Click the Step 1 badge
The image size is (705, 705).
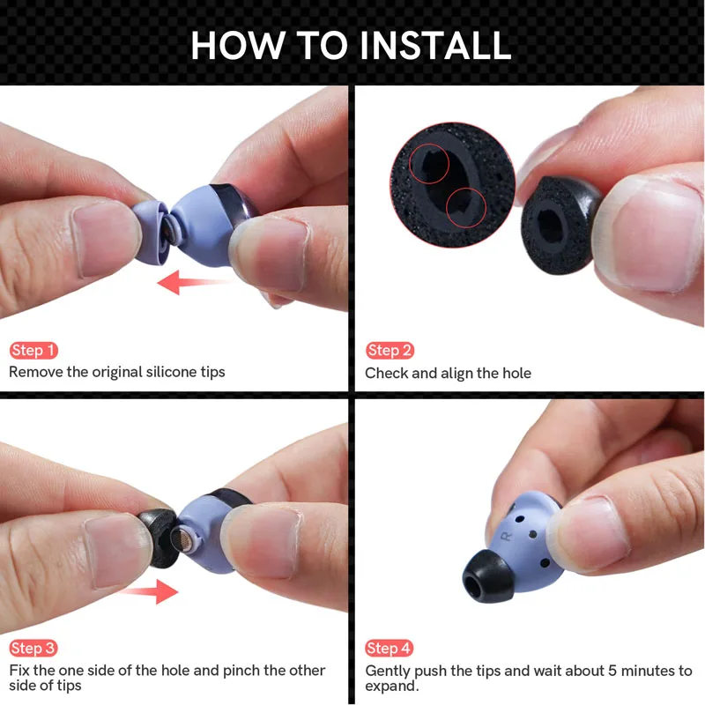tap(33, 351)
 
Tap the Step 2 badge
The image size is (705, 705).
tap(390, 351)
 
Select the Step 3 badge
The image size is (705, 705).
tap(33, 649)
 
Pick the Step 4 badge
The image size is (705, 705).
tap(390, 649)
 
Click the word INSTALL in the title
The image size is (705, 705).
tap(422, 45)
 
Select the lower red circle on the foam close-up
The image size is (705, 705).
tap(466, 209)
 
